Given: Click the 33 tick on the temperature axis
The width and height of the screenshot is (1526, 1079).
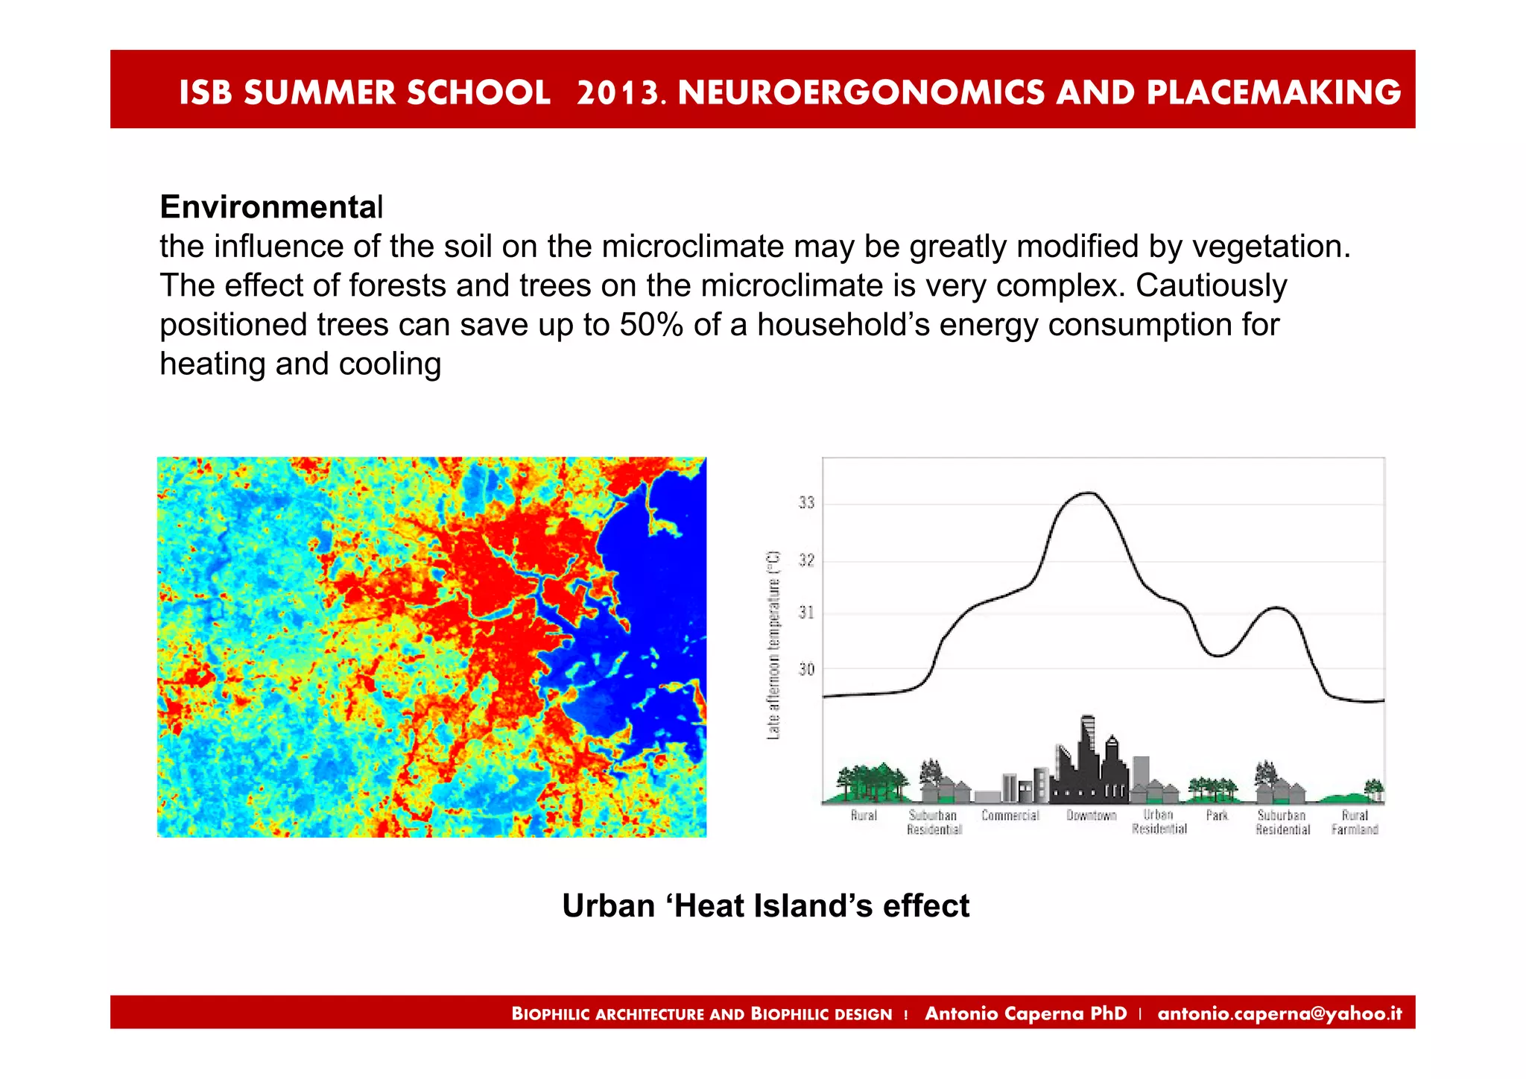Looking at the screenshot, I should (806, 503).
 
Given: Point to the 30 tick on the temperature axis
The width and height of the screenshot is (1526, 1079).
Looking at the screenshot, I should (806, 669).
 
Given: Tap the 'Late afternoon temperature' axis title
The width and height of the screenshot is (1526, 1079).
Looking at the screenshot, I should (773, 645).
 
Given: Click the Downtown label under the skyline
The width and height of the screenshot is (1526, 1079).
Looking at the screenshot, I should (1091, 815).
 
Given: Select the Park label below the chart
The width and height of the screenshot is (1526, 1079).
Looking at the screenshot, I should (1216, 815).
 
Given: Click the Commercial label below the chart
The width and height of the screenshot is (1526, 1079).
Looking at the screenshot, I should (1010, 815).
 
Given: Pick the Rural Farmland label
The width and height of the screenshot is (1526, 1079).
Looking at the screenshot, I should (1355, 822).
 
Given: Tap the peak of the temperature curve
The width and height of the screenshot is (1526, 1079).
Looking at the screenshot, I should (1089, 493).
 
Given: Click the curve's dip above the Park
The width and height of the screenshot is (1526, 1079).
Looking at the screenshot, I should (1217, 656).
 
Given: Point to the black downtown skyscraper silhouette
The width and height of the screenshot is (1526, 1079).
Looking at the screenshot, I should (1089, 760).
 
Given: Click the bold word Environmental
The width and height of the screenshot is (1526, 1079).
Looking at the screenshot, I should (271, 207).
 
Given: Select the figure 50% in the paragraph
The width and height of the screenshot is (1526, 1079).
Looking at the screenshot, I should (651, 325).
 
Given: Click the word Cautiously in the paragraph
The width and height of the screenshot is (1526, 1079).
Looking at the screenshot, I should (1211, 285).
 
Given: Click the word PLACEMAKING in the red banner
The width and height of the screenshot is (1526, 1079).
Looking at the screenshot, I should (1273, 92).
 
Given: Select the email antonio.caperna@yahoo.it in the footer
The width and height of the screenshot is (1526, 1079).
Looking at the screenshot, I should (1279, 1013).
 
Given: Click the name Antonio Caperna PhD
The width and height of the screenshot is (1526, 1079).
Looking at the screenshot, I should (1025, 1013).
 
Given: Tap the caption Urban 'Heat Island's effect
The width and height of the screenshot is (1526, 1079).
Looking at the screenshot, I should (765, 906).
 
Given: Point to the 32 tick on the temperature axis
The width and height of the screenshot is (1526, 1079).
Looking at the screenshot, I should (806, 560).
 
